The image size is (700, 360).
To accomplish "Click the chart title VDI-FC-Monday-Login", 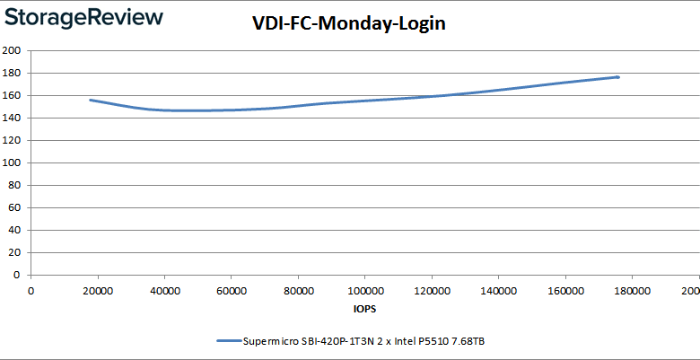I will pyautogui.click(x=348, y=24).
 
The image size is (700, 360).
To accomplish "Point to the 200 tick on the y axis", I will pyautogui.click(x=12, y=50).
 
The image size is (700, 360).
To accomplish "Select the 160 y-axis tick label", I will pyautogui.click(x=12, y=95).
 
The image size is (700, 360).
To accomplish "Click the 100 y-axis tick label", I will pyautogui.click(x=12, y=162).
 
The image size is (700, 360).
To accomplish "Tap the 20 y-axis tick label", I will pyautogui.click(x=14, y=252).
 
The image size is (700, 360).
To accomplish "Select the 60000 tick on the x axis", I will pyautogui.click(x=232, y=290).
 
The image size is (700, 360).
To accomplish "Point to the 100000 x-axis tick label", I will pyautogui.click(x=364, y=290).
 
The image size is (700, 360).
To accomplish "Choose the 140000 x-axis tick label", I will pyautogui.click(x=498, y=290).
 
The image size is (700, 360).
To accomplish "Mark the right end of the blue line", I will pyautogui.click(x=617, y=77).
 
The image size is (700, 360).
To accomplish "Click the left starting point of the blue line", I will pyautogui.click(x=91, y=100).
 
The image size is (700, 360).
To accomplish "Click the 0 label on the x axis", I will pyautogui.click(x=31, y=290).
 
